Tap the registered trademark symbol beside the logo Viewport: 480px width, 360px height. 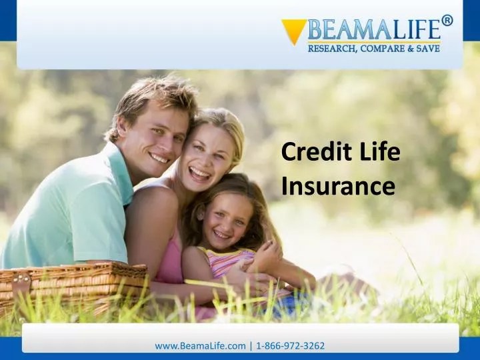click(447, 20)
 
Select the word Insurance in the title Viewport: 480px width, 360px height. click(338, 185)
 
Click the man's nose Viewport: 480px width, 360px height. click(160, 141)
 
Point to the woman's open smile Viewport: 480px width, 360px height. click(199, 173)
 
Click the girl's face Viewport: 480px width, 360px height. click(223, 217)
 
